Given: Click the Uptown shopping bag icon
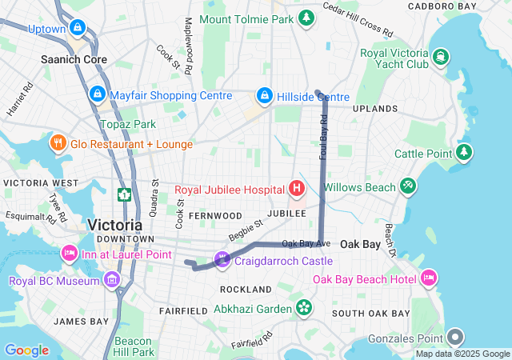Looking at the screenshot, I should click(x=77, y=28).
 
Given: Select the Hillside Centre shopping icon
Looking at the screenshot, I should click(x=264, y=96).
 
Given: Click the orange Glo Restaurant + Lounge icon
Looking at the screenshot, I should click(x=58, y=143).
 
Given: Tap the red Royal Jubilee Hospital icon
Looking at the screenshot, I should click(x=297, y=189).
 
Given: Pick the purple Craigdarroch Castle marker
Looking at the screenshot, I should click(x=222, y=260).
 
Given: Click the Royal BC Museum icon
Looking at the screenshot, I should click(x=111, y=280).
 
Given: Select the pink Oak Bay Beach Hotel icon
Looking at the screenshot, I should click(x=429, y=278).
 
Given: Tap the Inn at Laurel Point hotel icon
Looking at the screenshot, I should click(x=68, y=254).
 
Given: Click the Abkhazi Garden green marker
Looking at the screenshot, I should click(x=304, y=307).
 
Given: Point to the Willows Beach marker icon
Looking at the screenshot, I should click(x=408, y=186).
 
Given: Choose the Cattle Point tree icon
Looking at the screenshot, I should click(x=464, y=152).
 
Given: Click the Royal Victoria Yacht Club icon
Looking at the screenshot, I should click(x=441, y=55).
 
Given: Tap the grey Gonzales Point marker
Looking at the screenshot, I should click(x=455, y=337).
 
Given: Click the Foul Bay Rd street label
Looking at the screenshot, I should click(x=324, y=137).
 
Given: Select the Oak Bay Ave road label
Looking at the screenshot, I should click(x=306, y=243).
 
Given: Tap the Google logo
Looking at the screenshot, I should click(x=26, y=350).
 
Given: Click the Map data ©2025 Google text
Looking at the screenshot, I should click(x=462, y=354).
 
